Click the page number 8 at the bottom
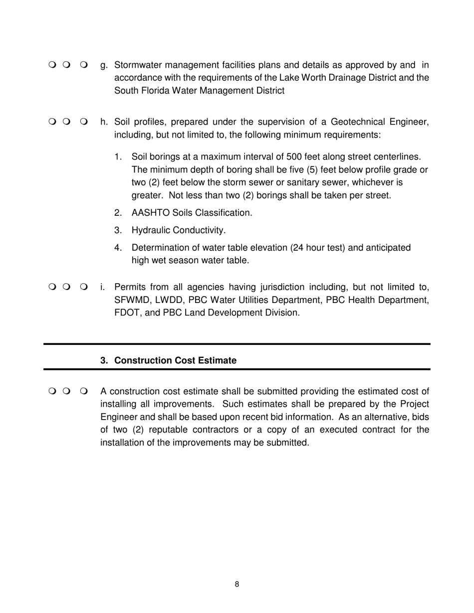(237, 584)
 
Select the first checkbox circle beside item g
(52, 65)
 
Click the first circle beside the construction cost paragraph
(52, 391)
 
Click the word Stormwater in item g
(139, 65)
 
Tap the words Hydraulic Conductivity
(178, 230)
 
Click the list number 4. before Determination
(118, 248)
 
